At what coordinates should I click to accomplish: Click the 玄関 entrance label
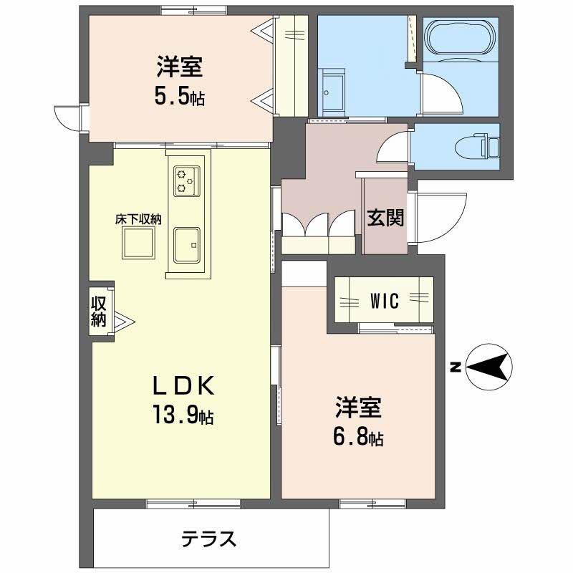click(x=385, y=217)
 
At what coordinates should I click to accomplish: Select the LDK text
click(x=182, y=387)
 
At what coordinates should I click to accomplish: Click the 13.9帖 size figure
click(x=181, y=415)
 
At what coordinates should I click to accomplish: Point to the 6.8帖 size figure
click(x=357, y=437)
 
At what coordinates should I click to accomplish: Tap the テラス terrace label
click(x=208, y=539)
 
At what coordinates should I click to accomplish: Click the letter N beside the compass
click(x=454, y=368)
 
